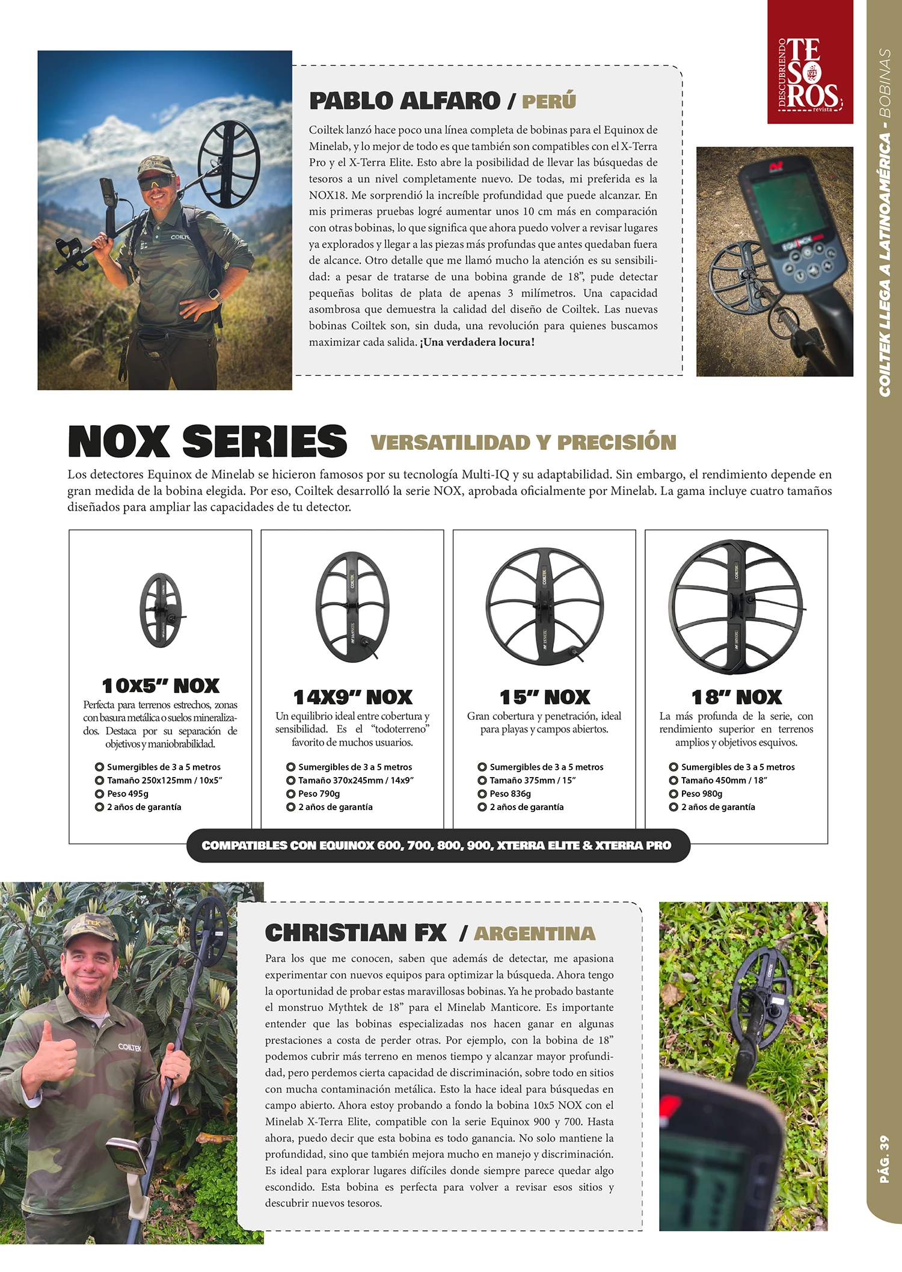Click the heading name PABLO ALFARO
[x=405, y=101]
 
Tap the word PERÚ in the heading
[x=548, y=101]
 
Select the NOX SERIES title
[x=207, y=441]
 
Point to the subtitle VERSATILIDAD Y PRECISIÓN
[x=523, y=443]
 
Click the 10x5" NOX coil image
[x=161, y=610]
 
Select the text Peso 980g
[x=701, y=794]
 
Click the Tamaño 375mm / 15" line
[x=532, y=781]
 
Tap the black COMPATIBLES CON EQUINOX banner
[x=437, y=846]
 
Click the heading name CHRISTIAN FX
[x=356, y=933]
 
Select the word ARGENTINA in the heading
[x=535, y=933]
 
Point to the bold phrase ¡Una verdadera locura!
[x=477, y=342]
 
